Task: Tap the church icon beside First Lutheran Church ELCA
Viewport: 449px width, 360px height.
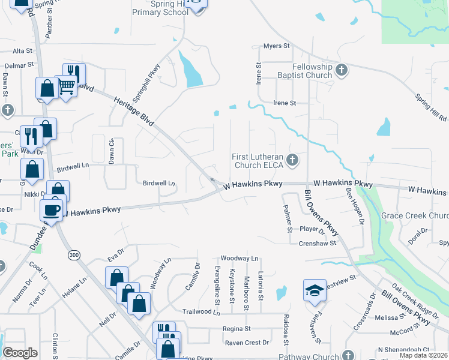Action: point(292,160)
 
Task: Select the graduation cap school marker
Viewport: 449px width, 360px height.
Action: point(315,290)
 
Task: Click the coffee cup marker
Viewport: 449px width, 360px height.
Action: point(52,209)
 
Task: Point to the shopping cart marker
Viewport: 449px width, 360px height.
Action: point(66,86)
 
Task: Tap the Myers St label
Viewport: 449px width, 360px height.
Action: point(277,46)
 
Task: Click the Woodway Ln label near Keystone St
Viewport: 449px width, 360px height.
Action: point(239,258)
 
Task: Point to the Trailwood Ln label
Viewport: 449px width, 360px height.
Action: point(201,312)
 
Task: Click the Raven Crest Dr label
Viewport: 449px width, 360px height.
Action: point(247,343)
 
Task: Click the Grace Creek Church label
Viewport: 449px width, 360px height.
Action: point(415,216)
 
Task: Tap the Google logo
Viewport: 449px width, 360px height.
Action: point(20,353)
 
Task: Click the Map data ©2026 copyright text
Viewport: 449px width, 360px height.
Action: point(422,355)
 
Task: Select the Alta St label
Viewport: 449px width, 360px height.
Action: point(22,51)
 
